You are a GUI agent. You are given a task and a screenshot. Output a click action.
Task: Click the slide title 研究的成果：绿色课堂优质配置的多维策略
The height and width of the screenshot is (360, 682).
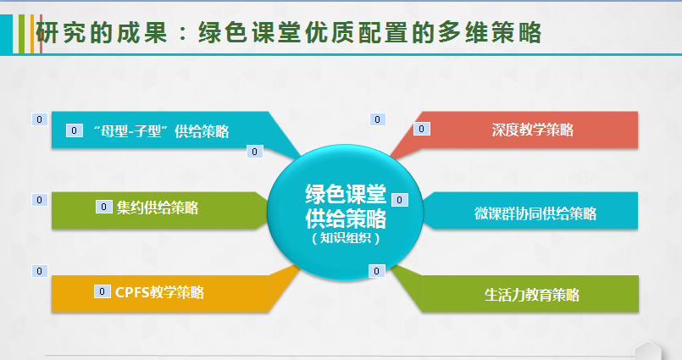point(288,33)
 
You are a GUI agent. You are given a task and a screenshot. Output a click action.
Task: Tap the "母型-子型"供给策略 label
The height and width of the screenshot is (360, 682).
point(161,130)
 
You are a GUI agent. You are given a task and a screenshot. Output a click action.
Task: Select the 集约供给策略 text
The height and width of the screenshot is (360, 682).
point(158,208)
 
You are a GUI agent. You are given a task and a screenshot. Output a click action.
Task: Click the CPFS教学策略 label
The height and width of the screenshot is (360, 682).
point(159,292)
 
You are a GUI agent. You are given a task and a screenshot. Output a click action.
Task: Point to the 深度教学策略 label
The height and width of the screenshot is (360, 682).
point(533,130)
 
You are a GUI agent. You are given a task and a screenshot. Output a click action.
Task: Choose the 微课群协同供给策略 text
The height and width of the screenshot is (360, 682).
point(535,213)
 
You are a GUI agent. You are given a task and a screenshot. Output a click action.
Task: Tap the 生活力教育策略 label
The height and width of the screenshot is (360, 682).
point(532,295)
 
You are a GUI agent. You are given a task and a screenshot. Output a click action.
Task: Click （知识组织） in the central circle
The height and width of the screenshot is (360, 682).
point(346,238)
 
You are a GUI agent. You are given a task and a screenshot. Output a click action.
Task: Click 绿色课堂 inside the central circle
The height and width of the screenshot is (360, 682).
point(346,194)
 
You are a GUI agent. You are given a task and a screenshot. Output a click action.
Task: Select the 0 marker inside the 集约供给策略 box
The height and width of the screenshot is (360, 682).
point(104,207)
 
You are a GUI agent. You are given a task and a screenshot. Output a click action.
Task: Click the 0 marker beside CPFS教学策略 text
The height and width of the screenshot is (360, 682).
point(103,291)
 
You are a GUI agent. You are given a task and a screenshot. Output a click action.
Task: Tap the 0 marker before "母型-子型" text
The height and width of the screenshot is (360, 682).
point(75,130)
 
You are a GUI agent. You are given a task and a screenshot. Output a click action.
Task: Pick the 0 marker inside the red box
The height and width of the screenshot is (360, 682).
point(421,129)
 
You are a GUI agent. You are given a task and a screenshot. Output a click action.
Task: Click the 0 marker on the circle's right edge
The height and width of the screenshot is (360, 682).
point(400,200)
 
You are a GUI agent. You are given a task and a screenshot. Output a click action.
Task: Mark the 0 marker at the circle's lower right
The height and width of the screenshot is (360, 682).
point(377,271)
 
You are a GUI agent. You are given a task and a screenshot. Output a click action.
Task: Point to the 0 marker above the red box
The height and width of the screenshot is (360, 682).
point(378,119)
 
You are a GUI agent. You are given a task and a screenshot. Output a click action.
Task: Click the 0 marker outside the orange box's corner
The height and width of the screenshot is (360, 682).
point(40,271)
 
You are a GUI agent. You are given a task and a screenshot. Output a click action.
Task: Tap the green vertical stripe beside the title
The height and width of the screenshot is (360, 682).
point(21,34)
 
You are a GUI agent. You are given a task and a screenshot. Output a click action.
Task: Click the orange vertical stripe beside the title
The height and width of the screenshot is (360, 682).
point(32,34)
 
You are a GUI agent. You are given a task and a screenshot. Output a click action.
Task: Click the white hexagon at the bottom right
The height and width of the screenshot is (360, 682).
point(647,351)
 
